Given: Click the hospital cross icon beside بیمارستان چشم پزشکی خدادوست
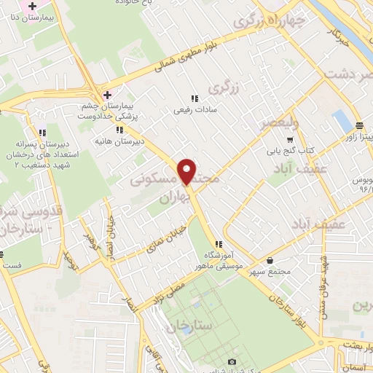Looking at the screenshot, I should (x=107, y=95).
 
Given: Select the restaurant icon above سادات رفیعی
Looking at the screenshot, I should (x=194, y=99).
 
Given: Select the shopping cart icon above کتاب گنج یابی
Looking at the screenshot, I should (x=290, y=139).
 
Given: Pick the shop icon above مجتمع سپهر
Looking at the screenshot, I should (x=270, y=260).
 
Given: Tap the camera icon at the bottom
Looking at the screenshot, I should (x=232, y=361).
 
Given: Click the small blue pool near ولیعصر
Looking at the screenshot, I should (x=339, y=121).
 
